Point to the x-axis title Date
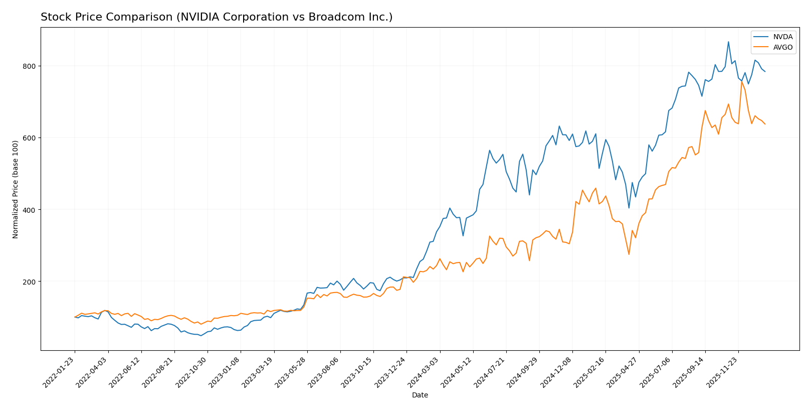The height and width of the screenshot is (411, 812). [420, 395]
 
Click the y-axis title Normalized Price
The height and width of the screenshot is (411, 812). [16, 189]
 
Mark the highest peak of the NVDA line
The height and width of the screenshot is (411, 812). [728, 42]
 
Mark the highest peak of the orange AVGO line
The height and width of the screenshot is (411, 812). [741, 81]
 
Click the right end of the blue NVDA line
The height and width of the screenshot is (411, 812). [765, 72]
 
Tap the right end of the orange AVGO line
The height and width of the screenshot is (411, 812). [765, 124]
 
